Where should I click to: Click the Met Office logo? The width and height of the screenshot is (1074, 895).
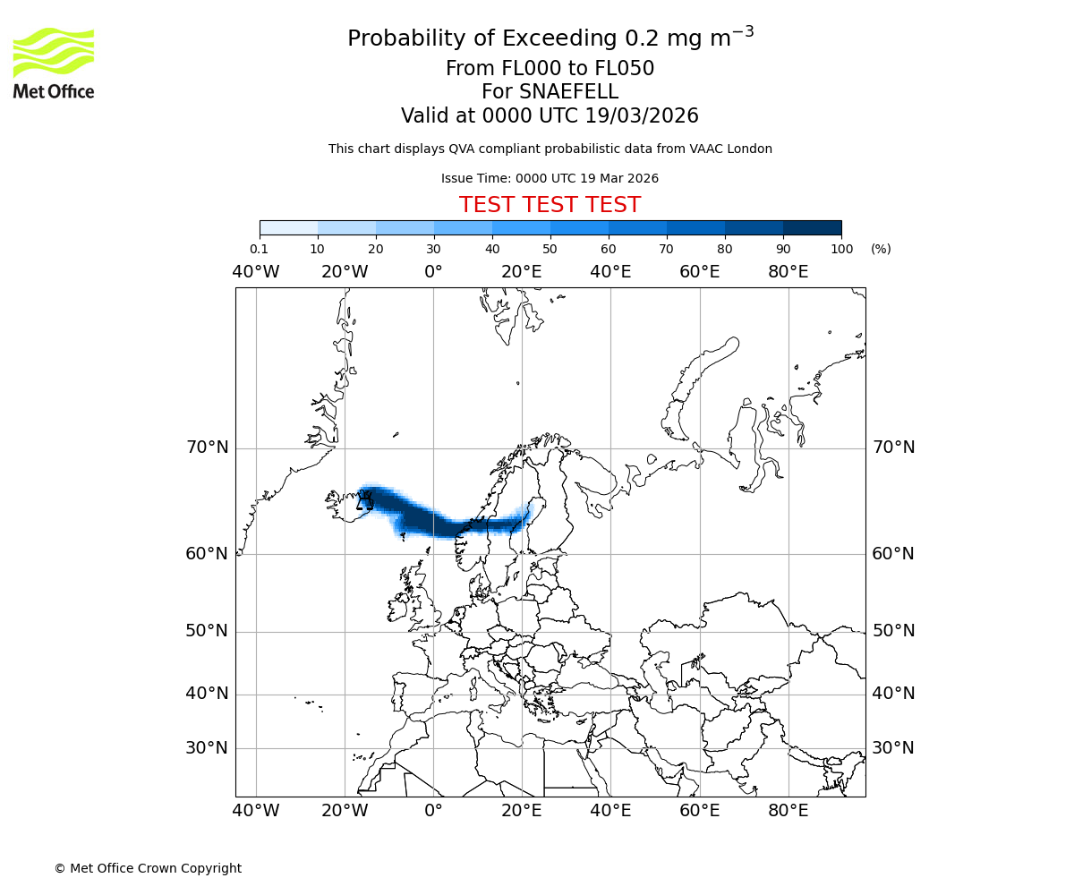click(x=54, y=63)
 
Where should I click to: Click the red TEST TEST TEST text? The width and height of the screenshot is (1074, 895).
click(x=550, y=205)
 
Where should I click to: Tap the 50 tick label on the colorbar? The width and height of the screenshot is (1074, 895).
click(x=550, y=249)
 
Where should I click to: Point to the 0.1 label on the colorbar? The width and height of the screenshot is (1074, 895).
click(x=260, y=249)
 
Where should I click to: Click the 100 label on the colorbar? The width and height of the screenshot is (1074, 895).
click(x=841, y=249)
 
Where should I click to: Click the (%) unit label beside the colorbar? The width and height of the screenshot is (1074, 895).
click(x=881, y=249)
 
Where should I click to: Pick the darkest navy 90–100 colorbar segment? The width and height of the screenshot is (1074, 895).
click(x=812, y=227)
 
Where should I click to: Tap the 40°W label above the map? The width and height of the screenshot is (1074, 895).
click(x=256, y=271)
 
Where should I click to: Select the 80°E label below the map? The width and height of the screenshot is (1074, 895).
click(x=788, y=811)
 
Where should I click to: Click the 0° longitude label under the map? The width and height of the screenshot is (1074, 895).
click(x=433, y=811)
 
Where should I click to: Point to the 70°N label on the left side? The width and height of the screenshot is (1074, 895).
click(x=207, y=447)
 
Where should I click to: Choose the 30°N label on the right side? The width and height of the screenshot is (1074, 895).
click(x=893, y=748)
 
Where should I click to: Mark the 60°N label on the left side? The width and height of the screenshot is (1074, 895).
click(x=207, y=553)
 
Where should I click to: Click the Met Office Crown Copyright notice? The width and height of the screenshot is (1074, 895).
click(x=148, y=868)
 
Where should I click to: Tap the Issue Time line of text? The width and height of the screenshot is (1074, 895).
click(x=550, y=178)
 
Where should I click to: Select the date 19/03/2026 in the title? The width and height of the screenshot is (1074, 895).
click(x=642, y=116)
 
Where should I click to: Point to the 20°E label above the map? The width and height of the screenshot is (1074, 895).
click(x=522, y=271)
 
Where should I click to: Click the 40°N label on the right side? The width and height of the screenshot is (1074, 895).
click(x=893, y=694)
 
